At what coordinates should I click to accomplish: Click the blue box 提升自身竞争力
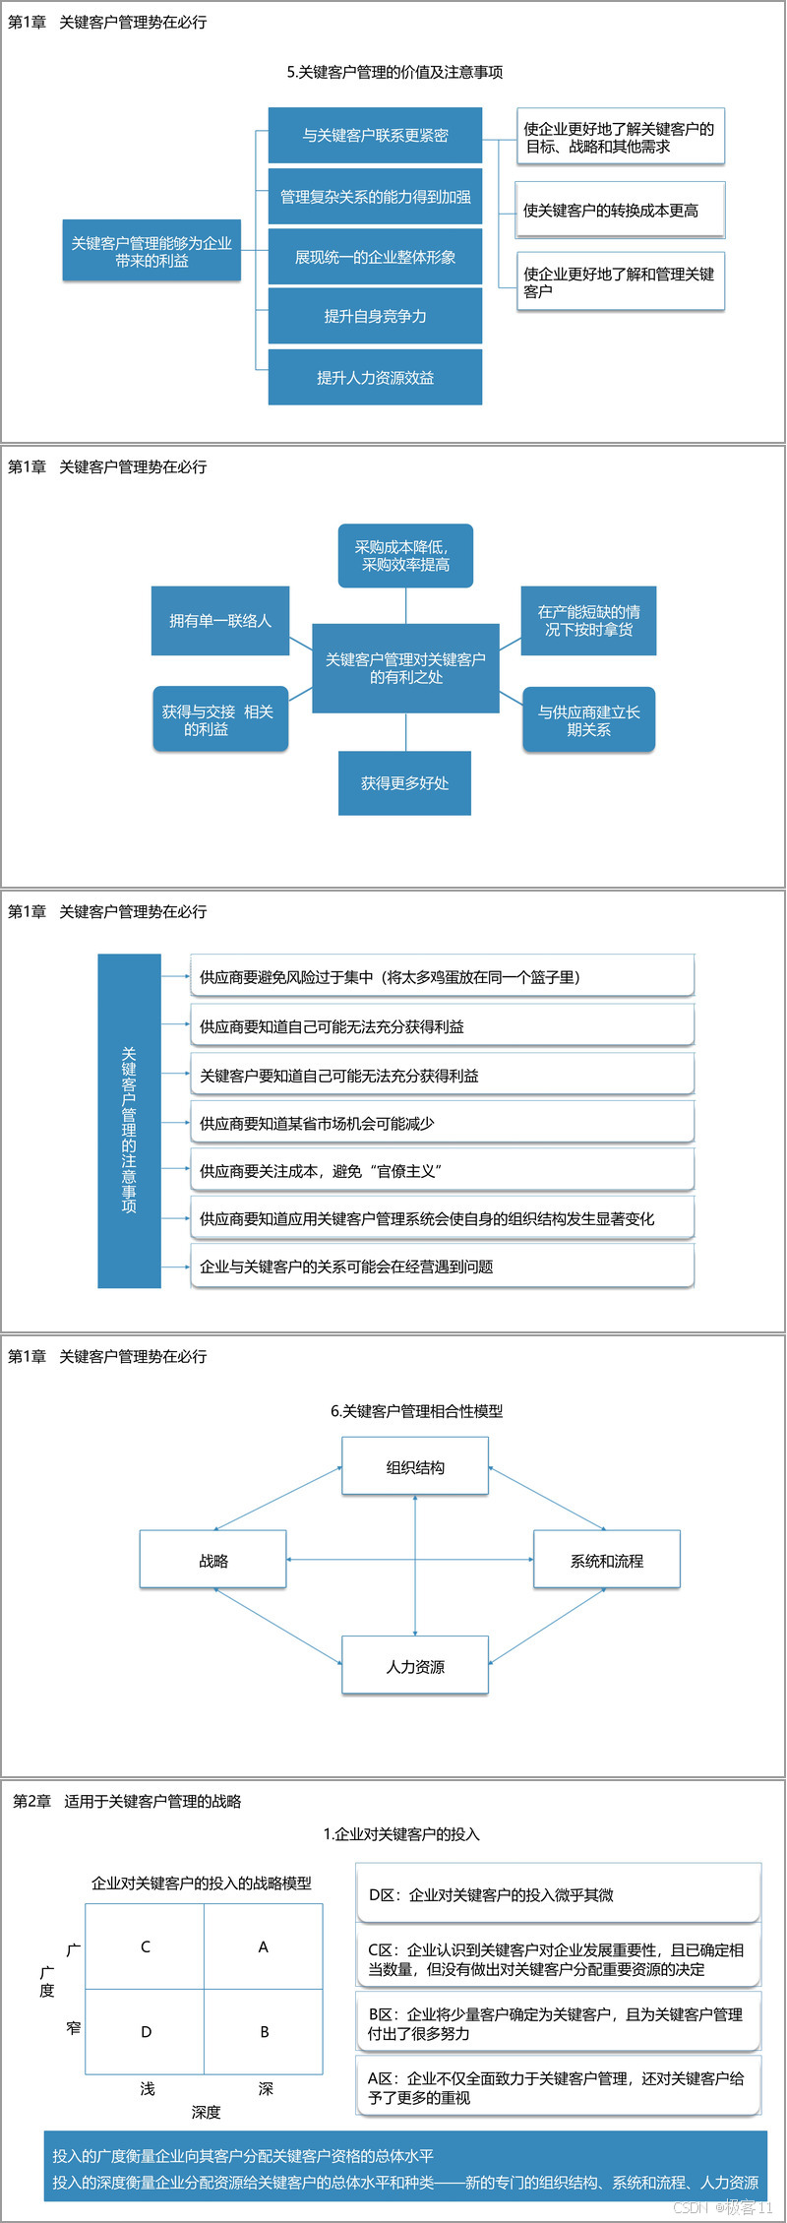click(x=375, y=316)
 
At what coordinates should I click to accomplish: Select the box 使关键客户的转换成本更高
click(x=620, y=210)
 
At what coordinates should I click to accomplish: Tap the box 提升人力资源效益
click(x=375, y=377)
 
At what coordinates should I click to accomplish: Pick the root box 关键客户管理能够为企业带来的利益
click(x=151, y=251)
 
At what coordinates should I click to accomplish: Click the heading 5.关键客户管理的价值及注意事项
click(x=394, y=72)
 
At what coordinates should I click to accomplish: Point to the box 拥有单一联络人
click(x=220, y=621)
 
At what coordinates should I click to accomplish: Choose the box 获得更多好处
click(x=404, y=783)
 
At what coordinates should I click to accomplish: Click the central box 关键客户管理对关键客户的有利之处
click(x=405, y=668)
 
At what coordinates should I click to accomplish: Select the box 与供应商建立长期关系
click(x=588, y=720)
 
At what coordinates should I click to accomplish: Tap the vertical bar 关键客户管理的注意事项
click(x=129, y=1121)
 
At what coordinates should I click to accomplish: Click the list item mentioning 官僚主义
click(x=442, y=1171)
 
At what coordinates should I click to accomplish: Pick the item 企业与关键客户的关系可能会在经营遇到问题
click(x=442, y=1266)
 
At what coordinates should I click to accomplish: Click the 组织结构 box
click(x=415, y=1467)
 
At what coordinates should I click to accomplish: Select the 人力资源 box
click(x=415, y=1666)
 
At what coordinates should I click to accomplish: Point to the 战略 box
click(x=213, y=1561)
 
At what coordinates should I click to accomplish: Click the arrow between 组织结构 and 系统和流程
click(x=547, y=1499)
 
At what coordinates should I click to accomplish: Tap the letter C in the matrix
click(x=146, y=1946)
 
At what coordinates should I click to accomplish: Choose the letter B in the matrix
click(x=264, y=2032)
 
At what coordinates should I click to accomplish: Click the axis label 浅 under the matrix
click(x=147, y=2088)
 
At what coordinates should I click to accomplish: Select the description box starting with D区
click(x=559, y=1894)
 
